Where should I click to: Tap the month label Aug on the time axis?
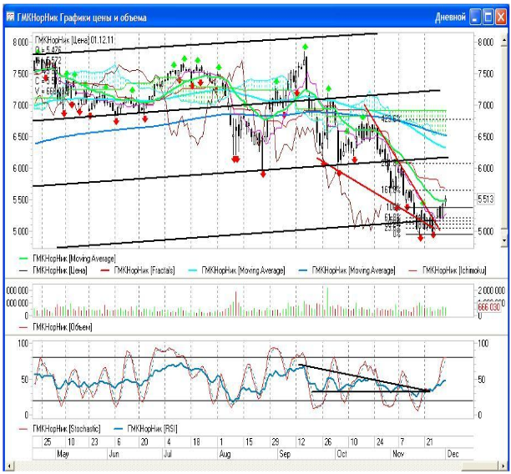(x=225, y=455)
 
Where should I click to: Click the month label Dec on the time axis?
(x=453, y=455)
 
